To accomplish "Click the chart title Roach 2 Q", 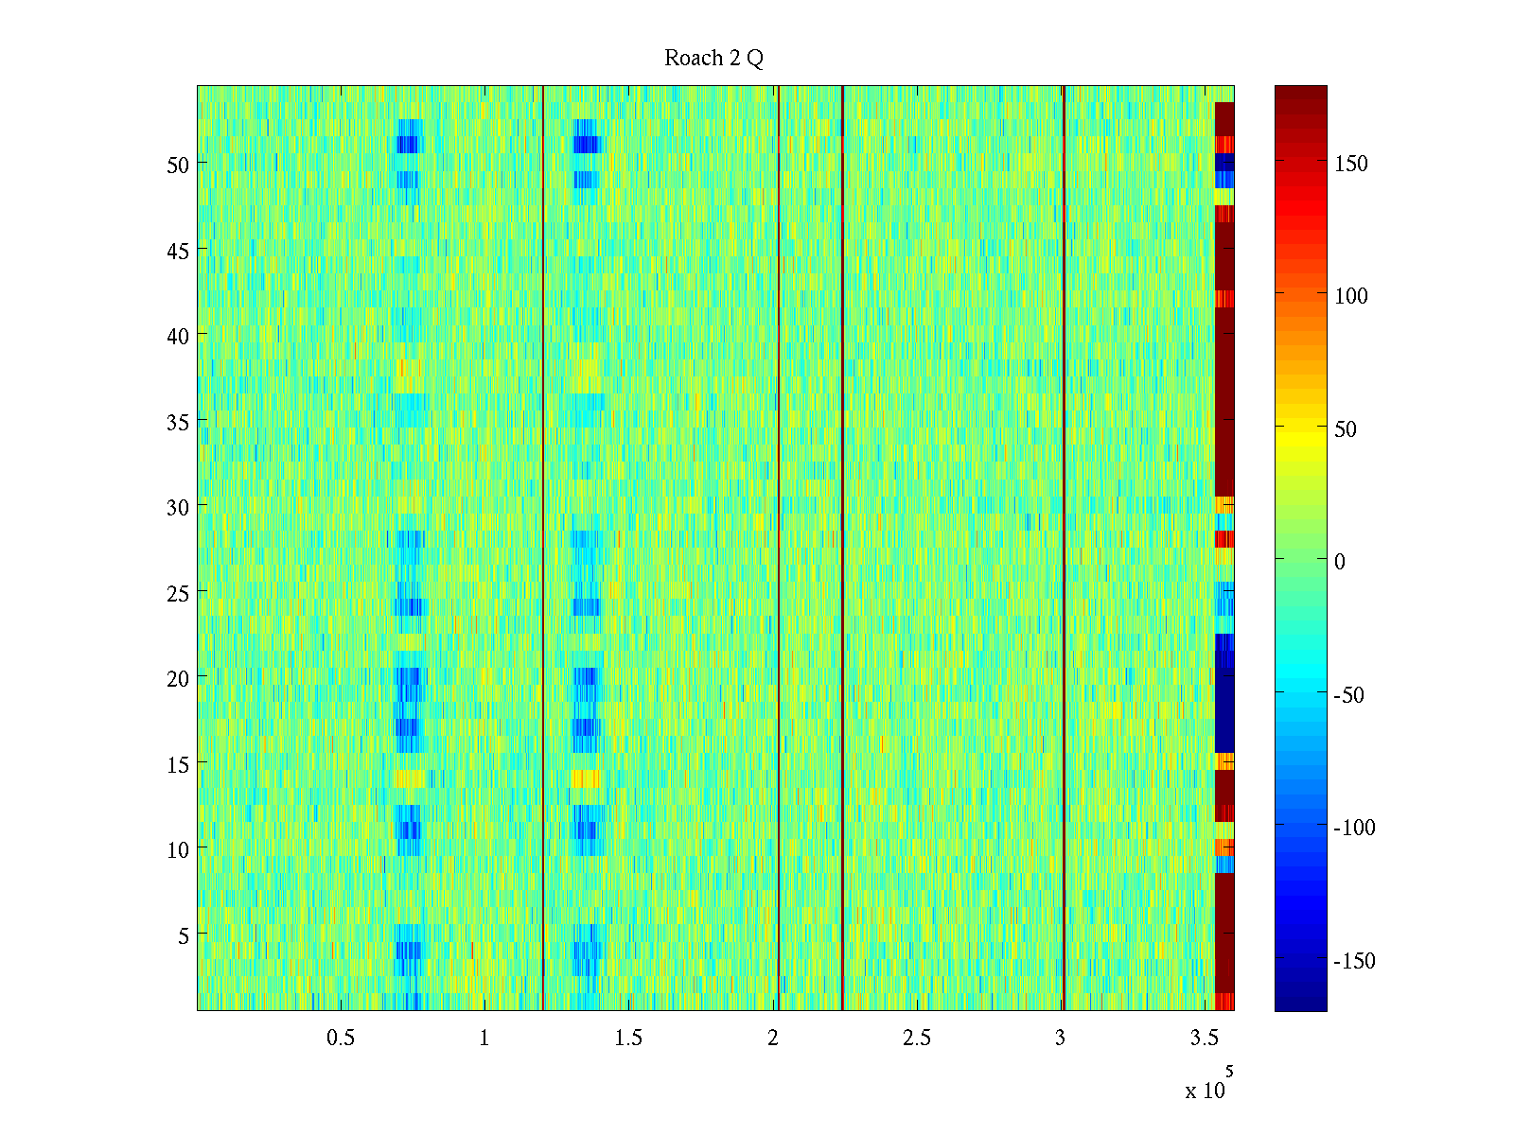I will (x=713, y=59).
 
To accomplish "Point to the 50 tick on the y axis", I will (x=178, y=165).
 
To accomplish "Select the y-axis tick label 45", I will (x=178, y=251).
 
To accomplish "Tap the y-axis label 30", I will (x=178, y=507).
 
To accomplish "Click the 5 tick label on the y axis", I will (x=184, y=935).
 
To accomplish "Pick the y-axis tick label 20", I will (x=178, y=678).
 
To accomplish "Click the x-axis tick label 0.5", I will (x=341, y=1039).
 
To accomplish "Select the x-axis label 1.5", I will (x=628, y=1039).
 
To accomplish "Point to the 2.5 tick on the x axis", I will (x=916, y=1039).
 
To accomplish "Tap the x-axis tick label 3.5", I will (x=1204, y=1039).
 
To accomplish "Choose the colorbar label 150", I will (x=1351, y=164).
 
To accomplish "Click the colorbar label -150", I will (x=1354, y=961).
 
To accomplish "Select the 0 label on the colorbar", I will (x=1340, y=562).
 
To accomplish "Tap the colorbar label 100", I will (x=1351, y=296).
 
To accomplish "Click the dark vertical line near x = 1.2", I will (x=543, y=549).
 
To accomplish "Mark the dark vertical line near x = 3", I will (x=1065, y=549).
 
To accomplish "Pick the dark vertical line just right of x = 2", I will (x=778, y=549).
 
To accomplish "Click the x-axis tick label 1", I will (x=484, y=1039).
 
